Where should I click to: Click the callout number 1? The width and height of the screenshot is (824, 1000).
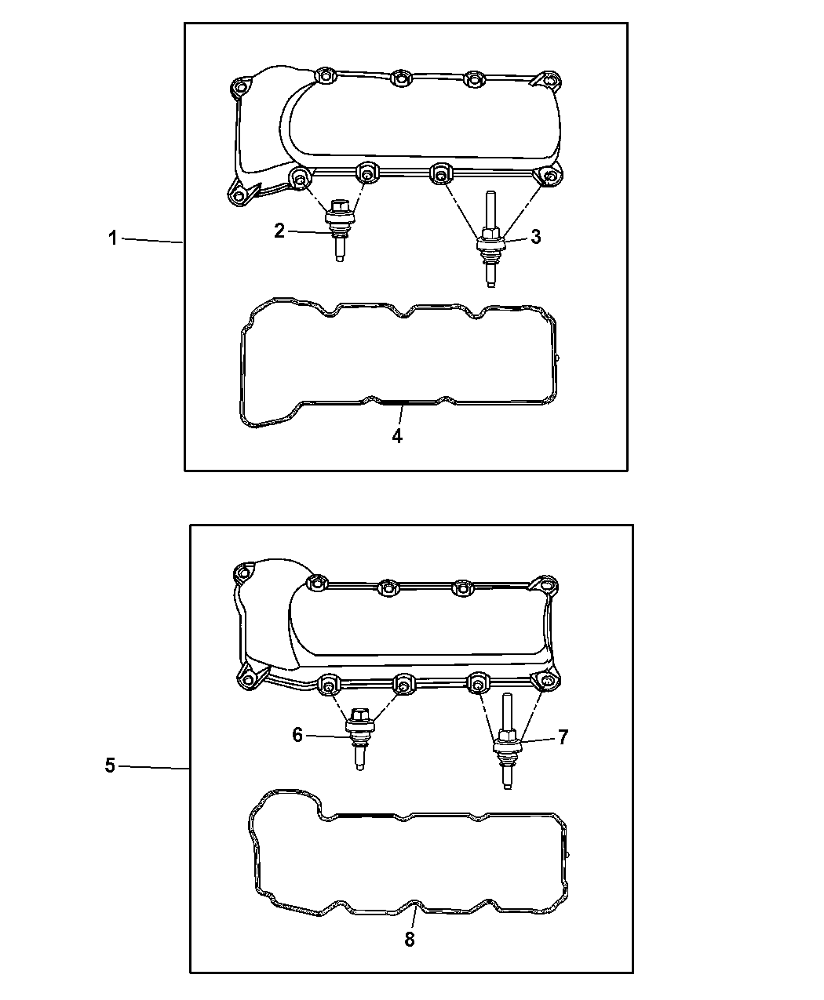113,238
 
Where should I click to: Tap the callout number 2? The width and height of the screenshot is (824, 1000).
279,231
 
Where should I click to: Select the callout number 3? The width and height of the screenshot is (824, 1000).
535,237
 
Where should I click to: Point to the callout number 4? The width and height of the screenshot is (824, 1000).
397,436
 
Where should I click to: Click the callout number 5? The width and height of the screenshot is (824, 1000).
110,765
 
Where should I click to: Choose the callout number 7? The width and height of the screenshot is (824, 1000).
563,737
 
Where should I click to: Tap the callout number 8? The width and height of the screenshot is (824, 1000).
410,940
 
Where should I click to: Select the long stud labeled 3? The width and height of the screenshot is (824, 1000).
490,239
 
